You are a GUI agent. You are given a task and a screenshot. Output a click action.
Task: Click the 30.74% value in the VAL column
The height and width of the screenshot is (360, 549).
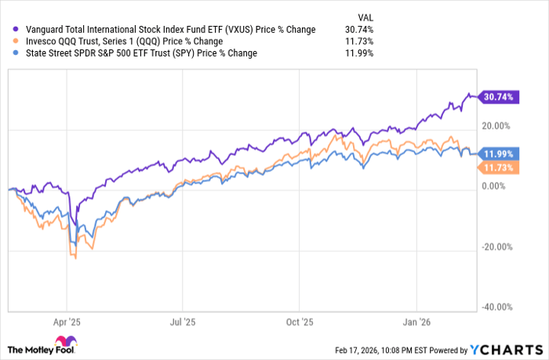(354, 30)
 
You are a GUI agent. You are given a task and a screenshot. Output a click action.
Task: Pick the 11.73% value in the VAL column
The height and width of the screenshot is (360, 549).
(354, 42)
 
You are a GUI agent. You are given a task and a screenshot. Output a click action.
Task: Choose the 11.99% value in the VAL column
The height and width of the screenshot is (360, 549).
(354, 53)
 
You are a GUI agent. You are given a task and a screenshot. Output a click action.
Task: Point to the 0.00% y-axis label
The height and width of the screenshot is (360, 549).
(498, 186)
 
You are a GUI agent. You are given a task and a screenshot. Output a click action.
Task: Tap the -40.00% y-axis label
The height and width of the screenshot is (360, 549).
(495, 307)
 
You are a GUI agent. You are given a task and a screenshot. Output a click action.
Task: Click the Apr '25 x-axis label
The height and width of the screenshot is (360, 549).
(67, 322)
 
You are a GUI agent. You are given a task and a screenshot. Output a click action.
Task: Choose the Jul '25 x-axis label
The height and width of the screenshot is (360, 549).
(182, 322)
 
